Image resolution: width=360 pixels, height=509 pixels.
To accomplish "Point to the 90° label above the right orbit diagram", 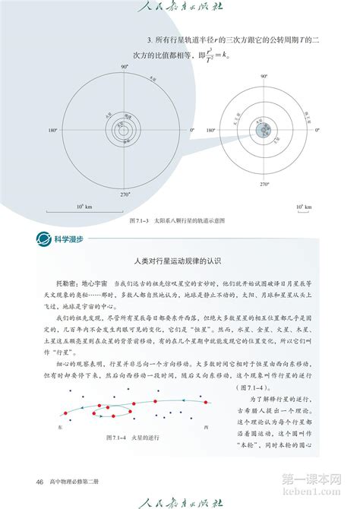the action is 263,77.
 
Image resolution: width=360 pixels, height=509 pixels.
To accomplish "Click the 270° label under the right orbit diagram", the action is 264,184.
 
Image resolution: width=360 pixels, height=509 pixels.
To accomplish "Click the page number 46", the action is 39,481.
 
